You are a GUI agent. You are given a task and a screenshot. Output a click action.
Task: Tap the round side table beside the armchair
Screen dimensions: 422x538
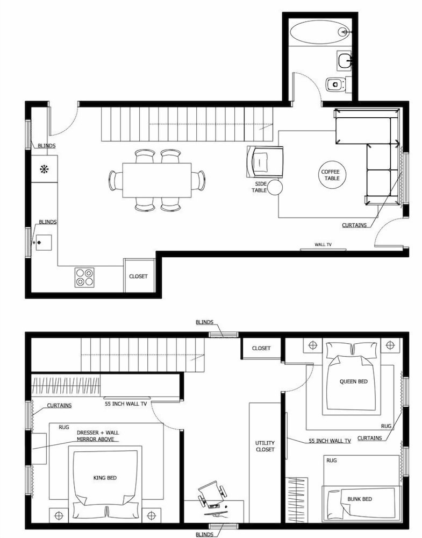(275, 187)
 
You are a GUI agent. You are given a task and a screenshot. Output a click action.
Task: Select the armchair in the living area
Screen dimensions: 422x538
(264, 161)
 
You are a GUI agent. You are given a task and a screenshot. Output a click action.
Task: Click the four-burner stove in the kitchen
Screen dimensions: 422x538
(85, 277)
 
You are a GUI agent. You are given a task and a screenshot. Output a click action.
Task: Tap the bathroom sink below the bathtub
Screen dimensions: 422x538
(344, 61)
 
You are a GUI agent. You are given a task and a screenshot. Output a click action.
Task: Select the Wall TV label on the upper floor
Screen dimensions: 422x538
(323, 245)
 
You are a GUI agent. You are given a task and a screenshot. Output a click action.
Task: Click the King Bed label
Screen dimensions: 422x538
(105, 478)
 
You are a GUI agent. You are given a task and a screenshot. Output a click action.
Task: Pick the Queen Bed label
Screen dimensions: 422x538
(353, 381)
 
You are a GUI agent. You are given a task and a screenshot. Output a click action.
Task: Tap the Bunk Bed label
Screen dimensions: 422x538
(360, 499)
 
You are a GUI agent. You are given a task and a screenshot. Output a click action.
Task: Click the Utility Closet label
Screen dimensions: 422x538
(265, 446)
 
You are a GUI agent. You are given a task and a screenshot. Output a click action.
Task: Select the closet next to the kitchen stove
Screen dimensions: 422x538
(139, 276)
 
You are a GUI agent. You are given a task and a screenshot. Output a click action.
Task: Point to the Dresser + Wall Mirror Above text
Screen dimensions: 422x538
(98, 436)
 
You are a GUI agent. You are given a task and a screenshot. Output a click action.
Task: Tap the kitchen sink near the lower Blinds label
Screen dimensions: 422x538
(44, 243)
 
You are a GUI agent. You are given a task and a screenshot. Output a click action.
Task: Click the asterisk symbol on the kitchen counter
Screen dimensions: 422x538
(44, 169)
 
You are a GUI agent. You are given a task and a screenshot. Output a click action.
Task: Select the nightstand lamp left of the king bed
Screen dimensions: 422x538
(59, 515)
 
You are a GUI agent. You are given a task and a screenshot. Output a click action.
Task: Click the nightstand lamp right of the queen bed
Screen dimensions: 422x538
(390, 345)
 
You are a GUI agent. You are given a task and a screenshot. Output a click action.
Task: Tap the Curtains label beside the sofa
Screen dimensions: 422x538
(354, 225)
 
